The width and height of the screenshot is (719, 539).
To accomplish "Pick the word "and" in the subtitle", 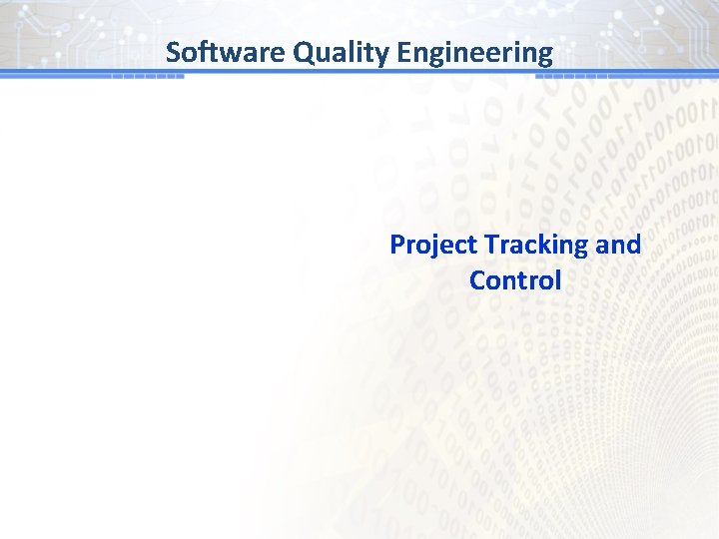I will (619, 245).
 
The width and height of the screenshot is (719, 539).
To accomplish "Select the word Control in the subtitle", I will (515, 280).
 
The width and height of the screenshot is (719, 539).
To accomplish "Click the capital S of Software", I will (174, 52).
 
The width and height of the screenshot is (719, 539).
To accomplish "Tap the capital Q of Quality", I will (304, 52).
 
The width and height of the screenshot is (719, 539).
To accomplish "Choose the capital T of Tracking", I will (490, 245).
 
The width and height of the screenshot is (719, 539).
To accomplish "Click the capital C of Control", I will (477, 280).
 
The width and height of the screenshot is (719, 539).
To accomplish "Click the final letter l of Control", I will (557, 280).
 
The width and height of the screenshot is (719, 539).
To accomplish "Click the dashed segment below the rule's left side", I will (148, 77).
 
